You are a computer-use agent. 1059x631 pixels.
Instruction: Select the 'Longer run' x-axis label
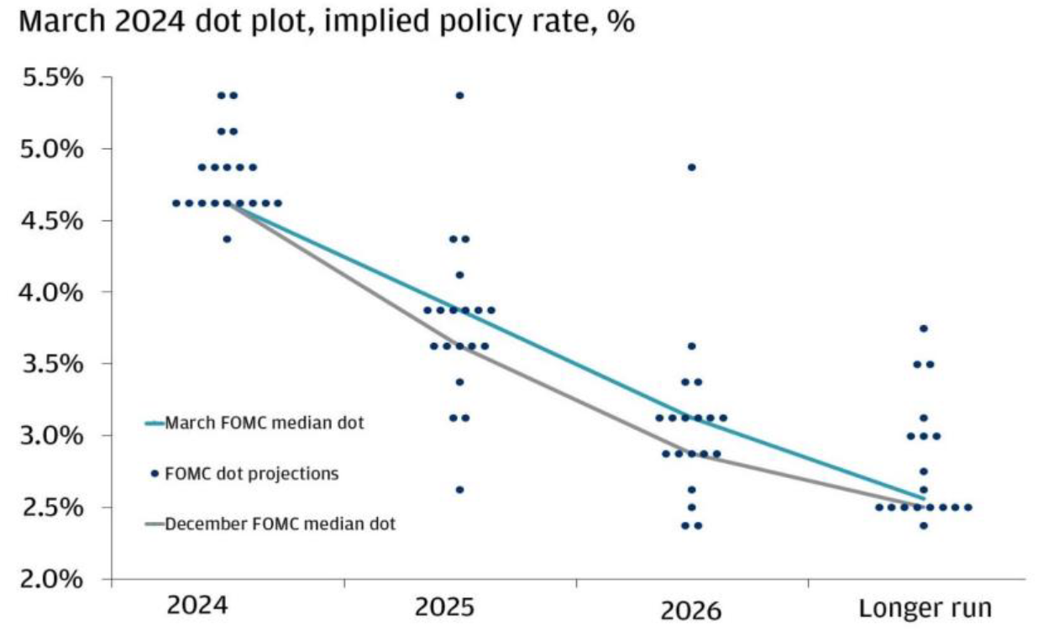click(925, 607)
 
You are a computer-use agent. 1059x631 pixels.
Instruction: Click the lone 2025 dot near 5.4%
click(459, 95)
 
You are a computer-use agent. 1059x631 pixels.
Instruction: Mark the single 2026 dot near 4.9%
click(691, 167)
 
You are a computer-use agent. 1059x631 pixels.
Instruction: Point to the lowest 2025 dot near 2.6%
click(459, 490)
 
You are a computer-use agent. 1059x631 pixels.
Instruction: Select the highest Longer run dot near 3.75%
click(924, 329)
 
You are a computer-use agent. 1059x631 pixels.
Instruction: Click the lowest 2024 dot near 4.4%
click(227, 239)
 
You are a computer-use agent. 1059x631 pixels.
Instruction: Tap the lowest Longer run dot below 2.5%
click(924, 526)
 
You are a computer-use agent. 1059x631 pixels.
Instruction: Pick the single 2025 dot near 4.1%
click(459, 275)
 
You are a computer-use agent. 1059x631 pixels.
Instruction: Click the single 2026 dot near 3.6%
click(691, 346)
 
